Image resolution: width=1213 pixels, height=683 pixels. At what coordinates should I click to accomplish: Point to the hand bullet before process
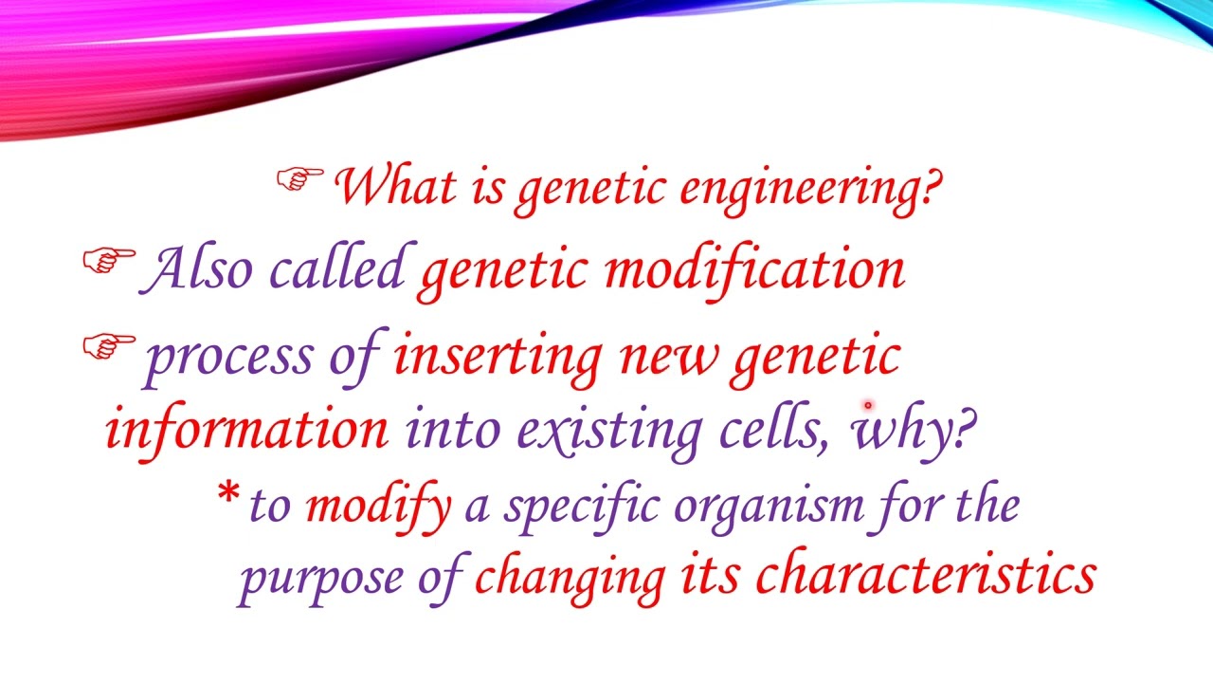tap(109, 347)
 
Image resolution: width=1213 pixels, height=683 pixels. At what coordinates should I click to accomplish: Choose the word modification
tap(754, 268)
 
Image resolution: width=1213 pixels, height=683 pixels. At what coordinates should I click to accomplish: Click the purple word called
tap(336, 268)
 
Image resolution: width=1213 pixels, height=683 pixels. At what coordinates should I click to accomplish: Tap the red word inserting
tap(498, 357)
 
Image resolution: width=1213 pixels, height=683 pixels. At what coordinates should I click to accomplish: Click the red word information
tap(247, 429)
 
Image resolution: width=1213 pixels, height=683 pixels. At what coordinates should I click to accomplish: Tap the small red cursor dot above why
tap(867, 406)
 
